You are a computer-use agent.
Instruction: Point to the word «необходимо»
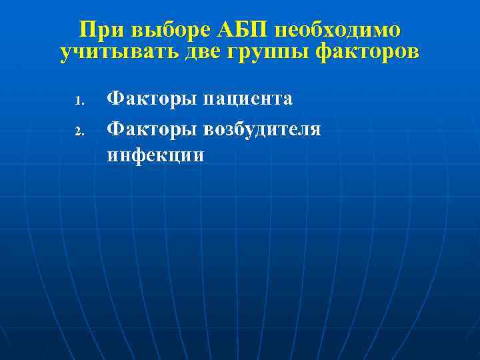tap(338, 31)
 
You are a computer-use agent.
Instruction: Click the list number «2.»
tap(78, 130)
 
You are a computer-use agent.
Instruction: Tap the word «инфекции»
tap(155, 155)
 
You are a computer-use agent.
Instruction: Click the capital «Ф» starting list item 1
tap(115, 99)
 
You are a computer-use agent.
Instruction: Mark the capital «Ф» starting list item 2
tap(115, 127)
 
